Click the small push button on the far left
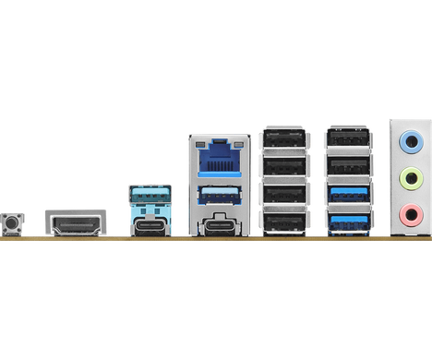[14, 222]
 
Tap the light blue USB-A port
[150, 196]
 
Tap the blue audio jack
[406, 142]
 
